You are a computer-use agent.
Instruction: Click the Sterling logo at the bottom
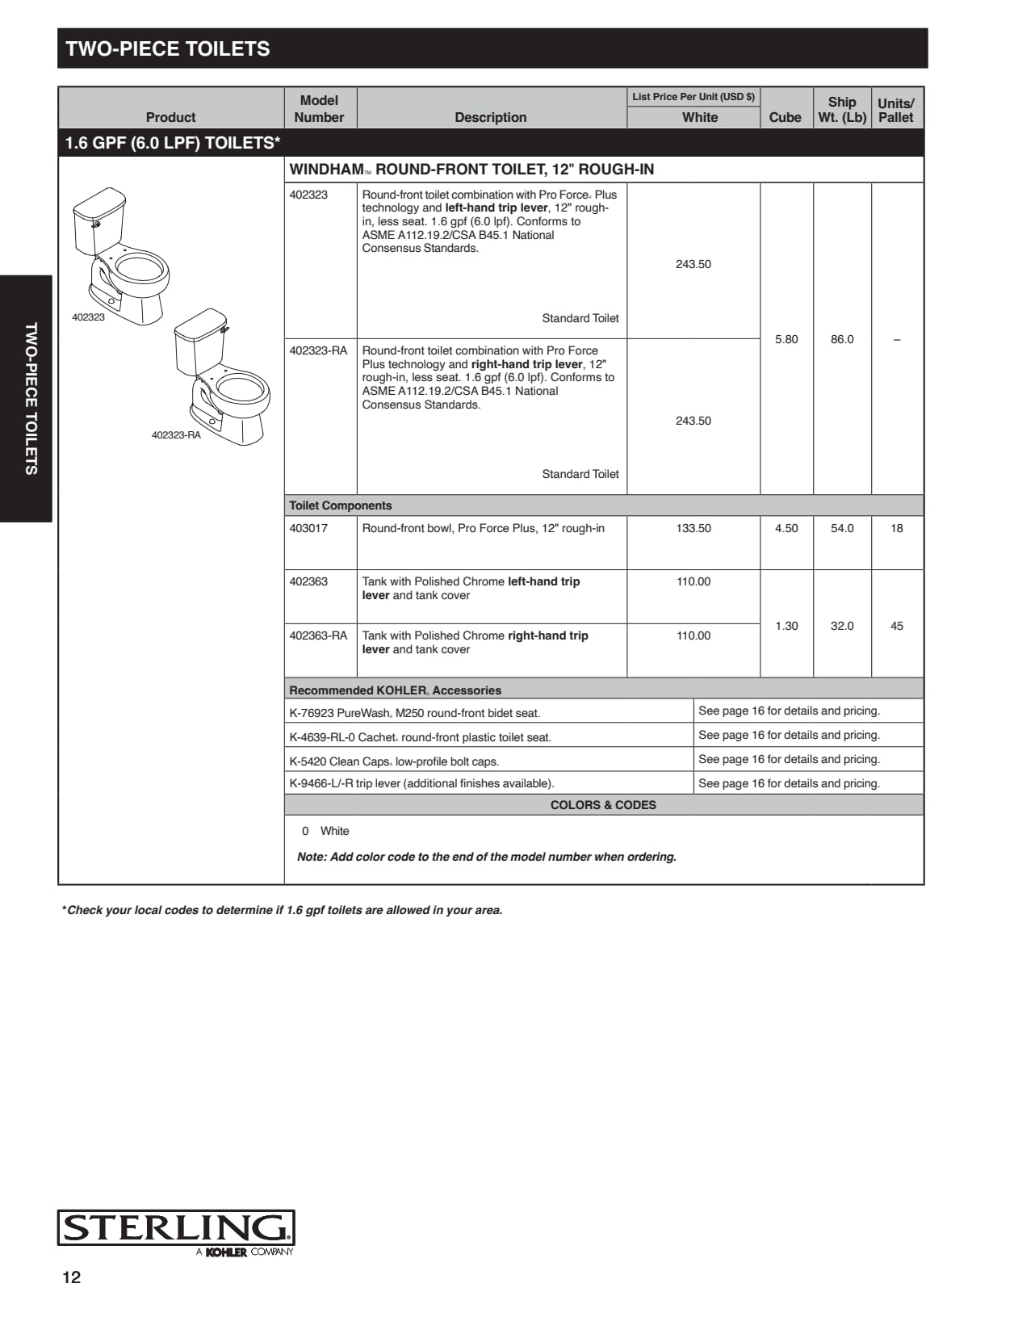point(175,1230)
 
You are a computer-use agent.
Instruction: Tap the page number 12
point(72,1277)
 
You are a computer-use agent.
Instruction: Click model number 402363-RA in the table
point(318,635)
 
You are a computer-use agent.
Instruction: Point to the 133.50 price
point(693,528)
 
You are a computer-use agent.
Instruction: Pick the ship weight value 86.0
point(842,339)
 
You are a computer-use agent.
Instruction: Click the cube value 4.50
point(786,528)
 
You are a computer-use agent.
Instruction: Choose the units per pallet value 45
point(896,626)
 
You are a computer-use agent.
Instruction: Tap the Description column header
point(490,117)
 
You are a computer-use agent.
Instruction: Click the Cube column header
point(785,117)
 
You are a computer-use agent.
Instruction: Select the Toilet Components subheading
point(341,505)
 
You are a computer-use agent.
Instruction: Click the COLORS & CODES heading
point(603,805)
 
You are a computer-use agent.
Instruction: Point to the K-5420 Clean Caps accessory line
point(394,761)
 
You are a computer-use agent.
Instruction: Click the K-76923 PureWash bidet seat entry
point(414,713)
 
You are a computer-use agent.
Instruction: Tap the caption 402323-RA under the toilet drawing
point(176,435)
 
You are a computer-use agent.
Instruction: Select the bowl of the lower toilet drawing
point(239,392)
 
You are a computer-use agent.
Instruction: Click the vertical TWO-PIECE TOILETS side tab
point(31,399)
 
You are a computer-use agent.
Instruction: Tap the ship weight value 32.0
point(842,626)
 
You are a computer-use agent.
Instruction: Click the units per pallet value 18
point(896,528)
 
